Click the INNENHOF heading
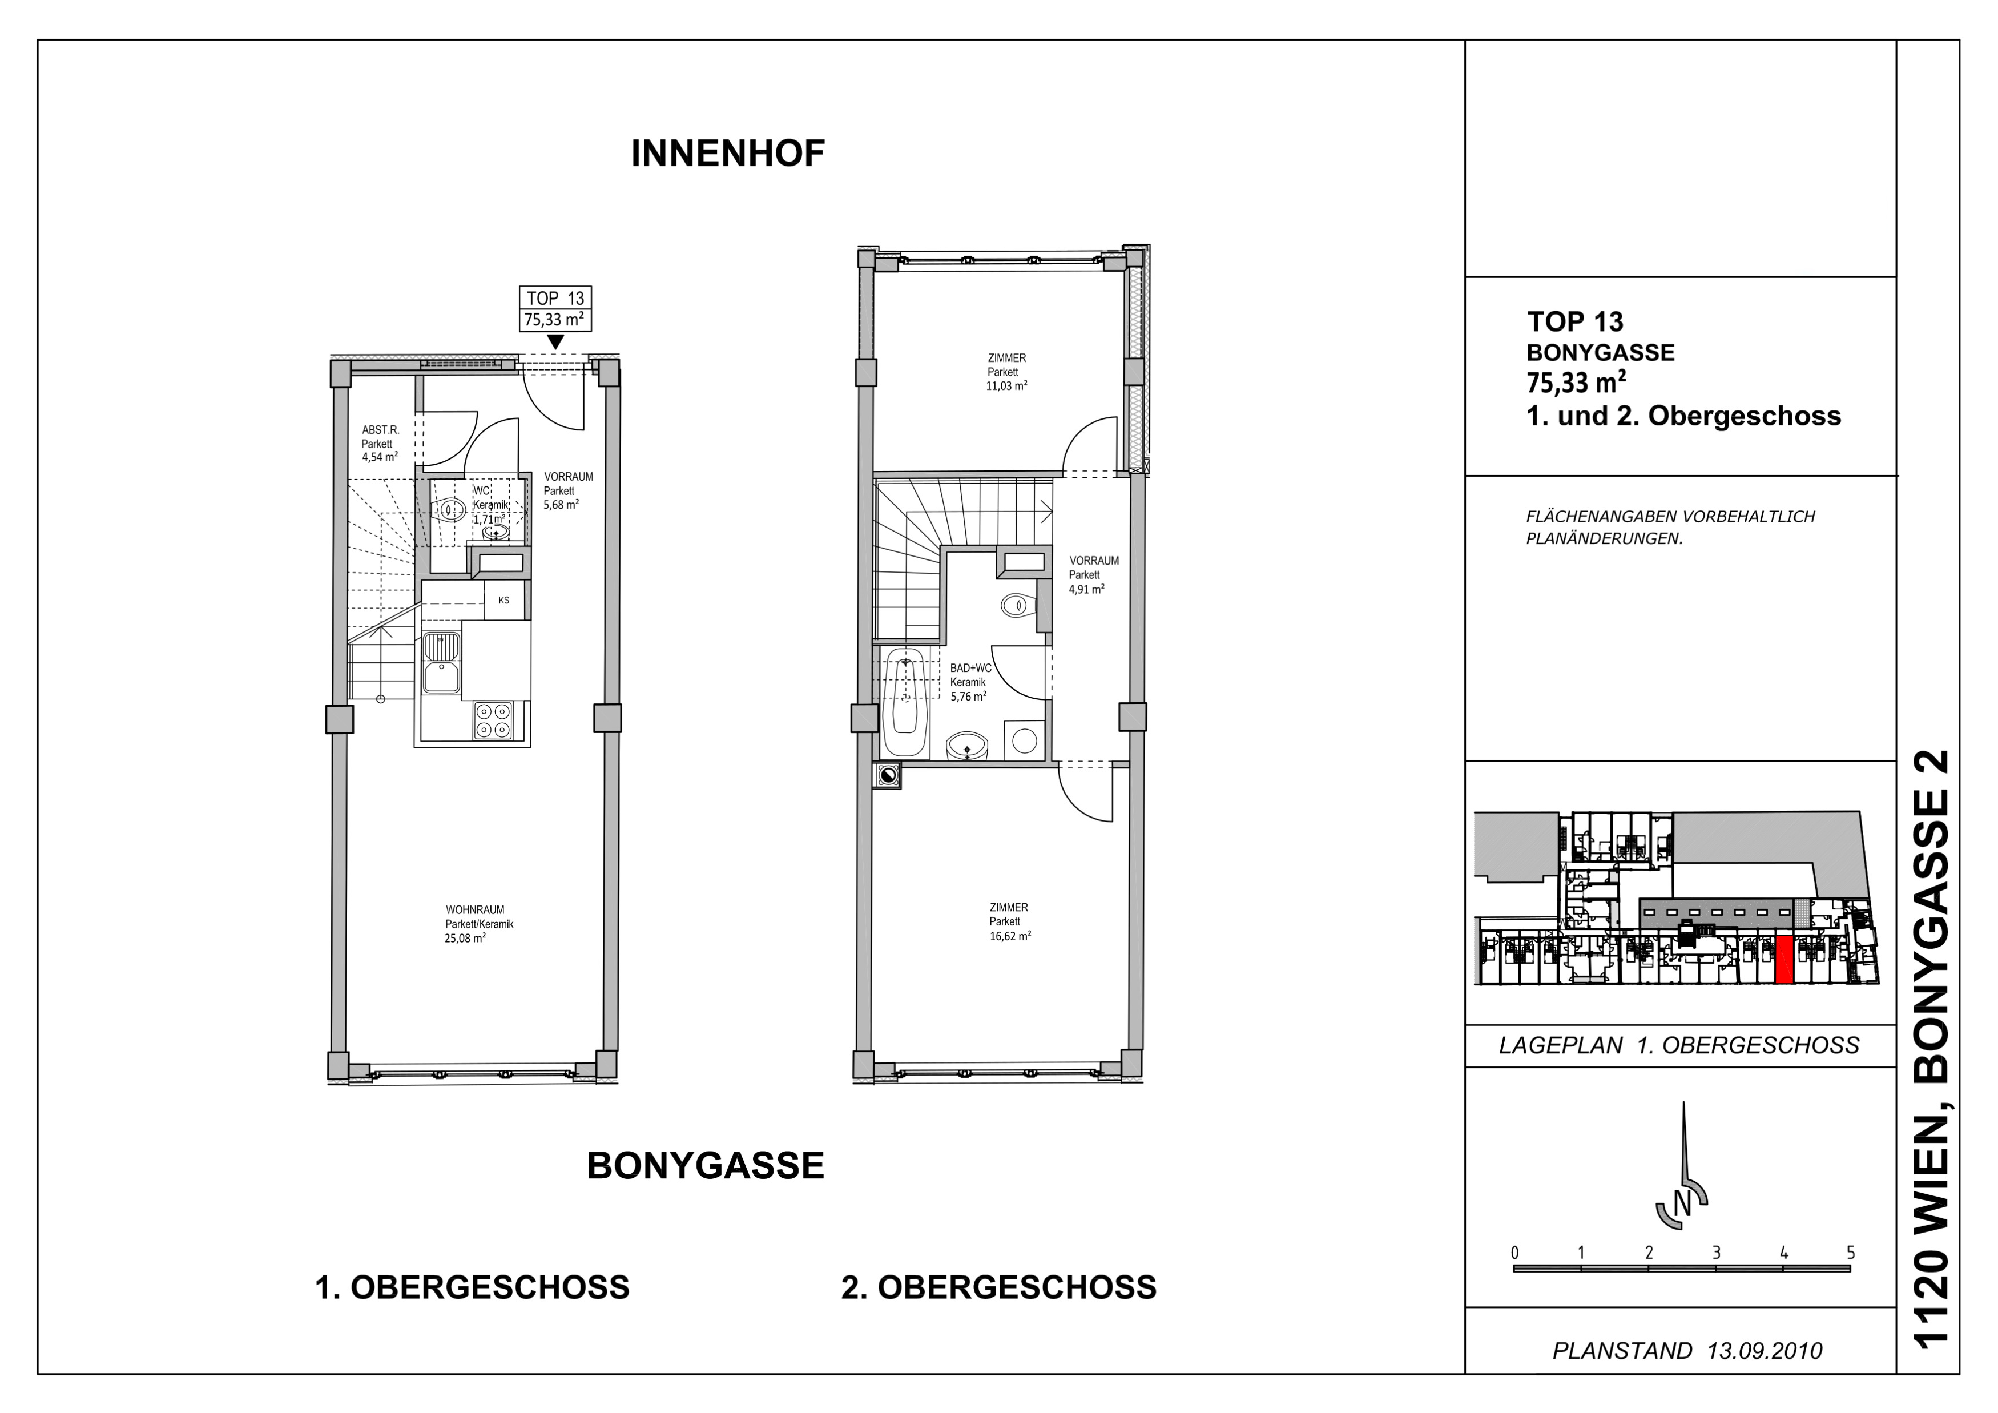pyautogui.click(x=727, y=154)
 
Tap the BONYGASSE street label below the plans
pyautogui.click(x=706, y=1166)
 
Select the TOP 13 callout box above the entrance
pyautogui.click(x=555, y=309)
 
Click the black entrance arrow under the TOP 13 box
pyautogui.click(x=555, y=343)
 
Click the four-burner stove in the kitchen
pyautogui.click(x=493, y=721)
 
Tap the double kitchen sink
pyautogui.click(x=441, y=662)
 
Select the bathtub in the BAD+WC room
pyautogui.click(x=904, y=703)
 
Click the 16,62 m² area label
pyautogui.click(x=1010, y=936)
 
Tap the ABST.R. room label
pyautogui.click(x=380, y=430)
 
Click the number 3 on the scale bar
pyautogui.click(x=1717, y=1253)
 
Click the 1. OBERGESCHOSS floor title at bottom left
pyautogui.click(x=472, y=1288)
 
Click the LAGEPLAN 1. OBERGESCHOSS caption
pyautogui.click(x=1679, y=1045)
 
